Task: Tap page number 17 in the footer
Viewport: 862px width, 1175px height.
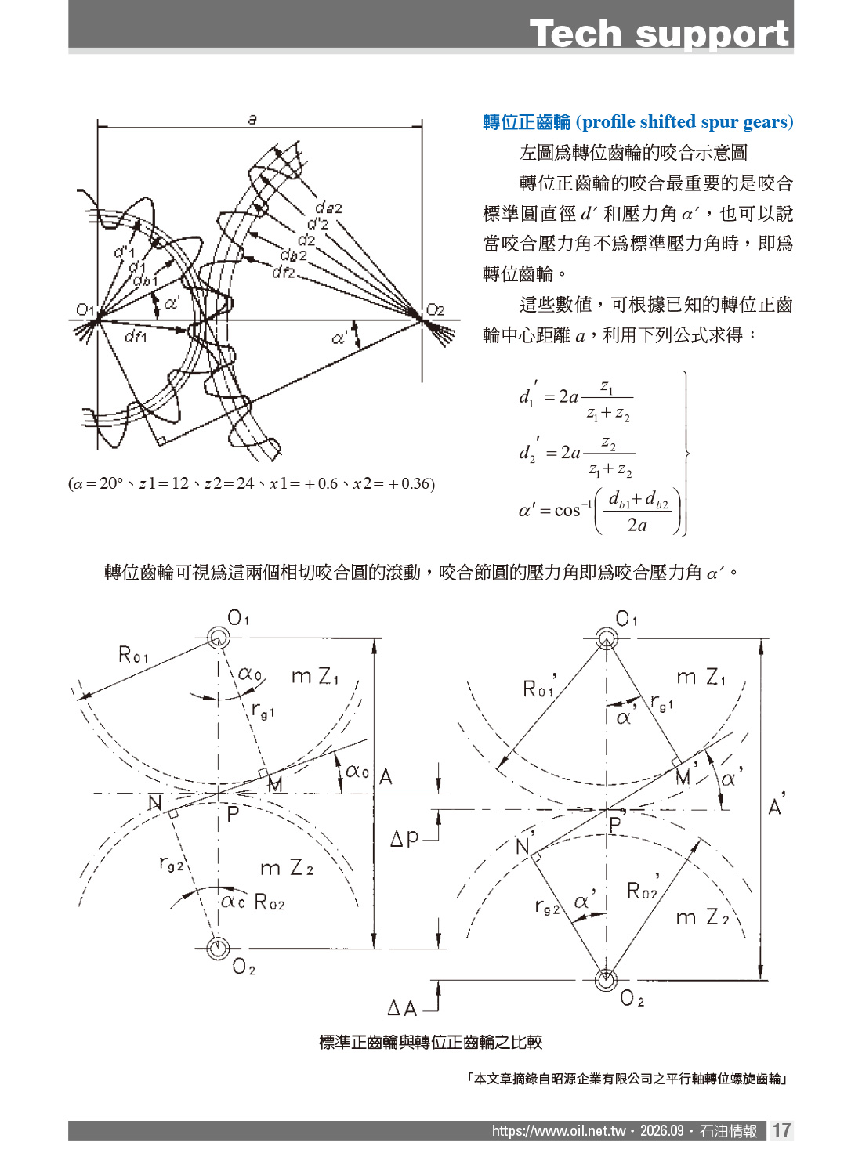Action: click(x=781, y=1130)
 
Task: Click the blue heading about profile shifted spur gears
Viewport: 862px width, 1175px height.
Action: click(x=637, y=122)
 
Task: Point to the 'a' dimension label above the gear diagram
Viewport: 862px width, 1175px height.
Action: click(x=252, y=120)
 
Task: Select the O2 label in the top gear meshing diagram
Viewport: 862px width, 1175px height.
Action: click(x=435, y=310)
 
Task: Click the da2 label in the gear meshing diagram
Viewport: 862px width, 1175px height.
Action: click(x=328, y=208)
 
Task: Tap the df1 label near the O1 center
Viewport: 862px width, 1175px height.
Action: click(x=136, y=336)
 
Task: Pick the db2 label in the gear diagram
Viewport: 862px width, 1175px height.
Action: click(x=293, y=255)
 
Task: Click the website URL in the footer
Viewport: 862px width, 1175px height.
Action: click(x=559, y=1130)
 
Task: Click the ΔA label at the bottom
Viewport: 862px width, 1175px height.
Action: click(x=402, y=1008)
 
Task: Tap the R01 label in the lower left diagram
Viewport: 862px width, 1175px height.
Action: click(x=133, y=654)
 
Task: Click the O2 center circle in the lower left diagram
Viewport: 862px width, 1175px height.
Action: click(x=217, y=948)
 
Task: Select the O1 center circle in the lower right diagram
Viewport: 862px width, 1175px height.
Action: click(x=607, y=639)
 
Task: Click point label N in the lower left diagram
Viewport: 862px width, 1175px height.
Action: click(x=154, y=802)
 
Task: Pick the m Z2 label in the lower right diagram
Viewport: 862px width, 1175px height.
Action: click(x=702, y=917)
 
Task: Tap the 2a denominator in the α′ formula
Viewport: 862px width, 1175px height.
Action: click(x=637, y=525)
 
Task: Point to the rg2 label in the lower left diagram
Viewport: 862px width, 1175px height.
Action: click(x=171, y=864)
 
